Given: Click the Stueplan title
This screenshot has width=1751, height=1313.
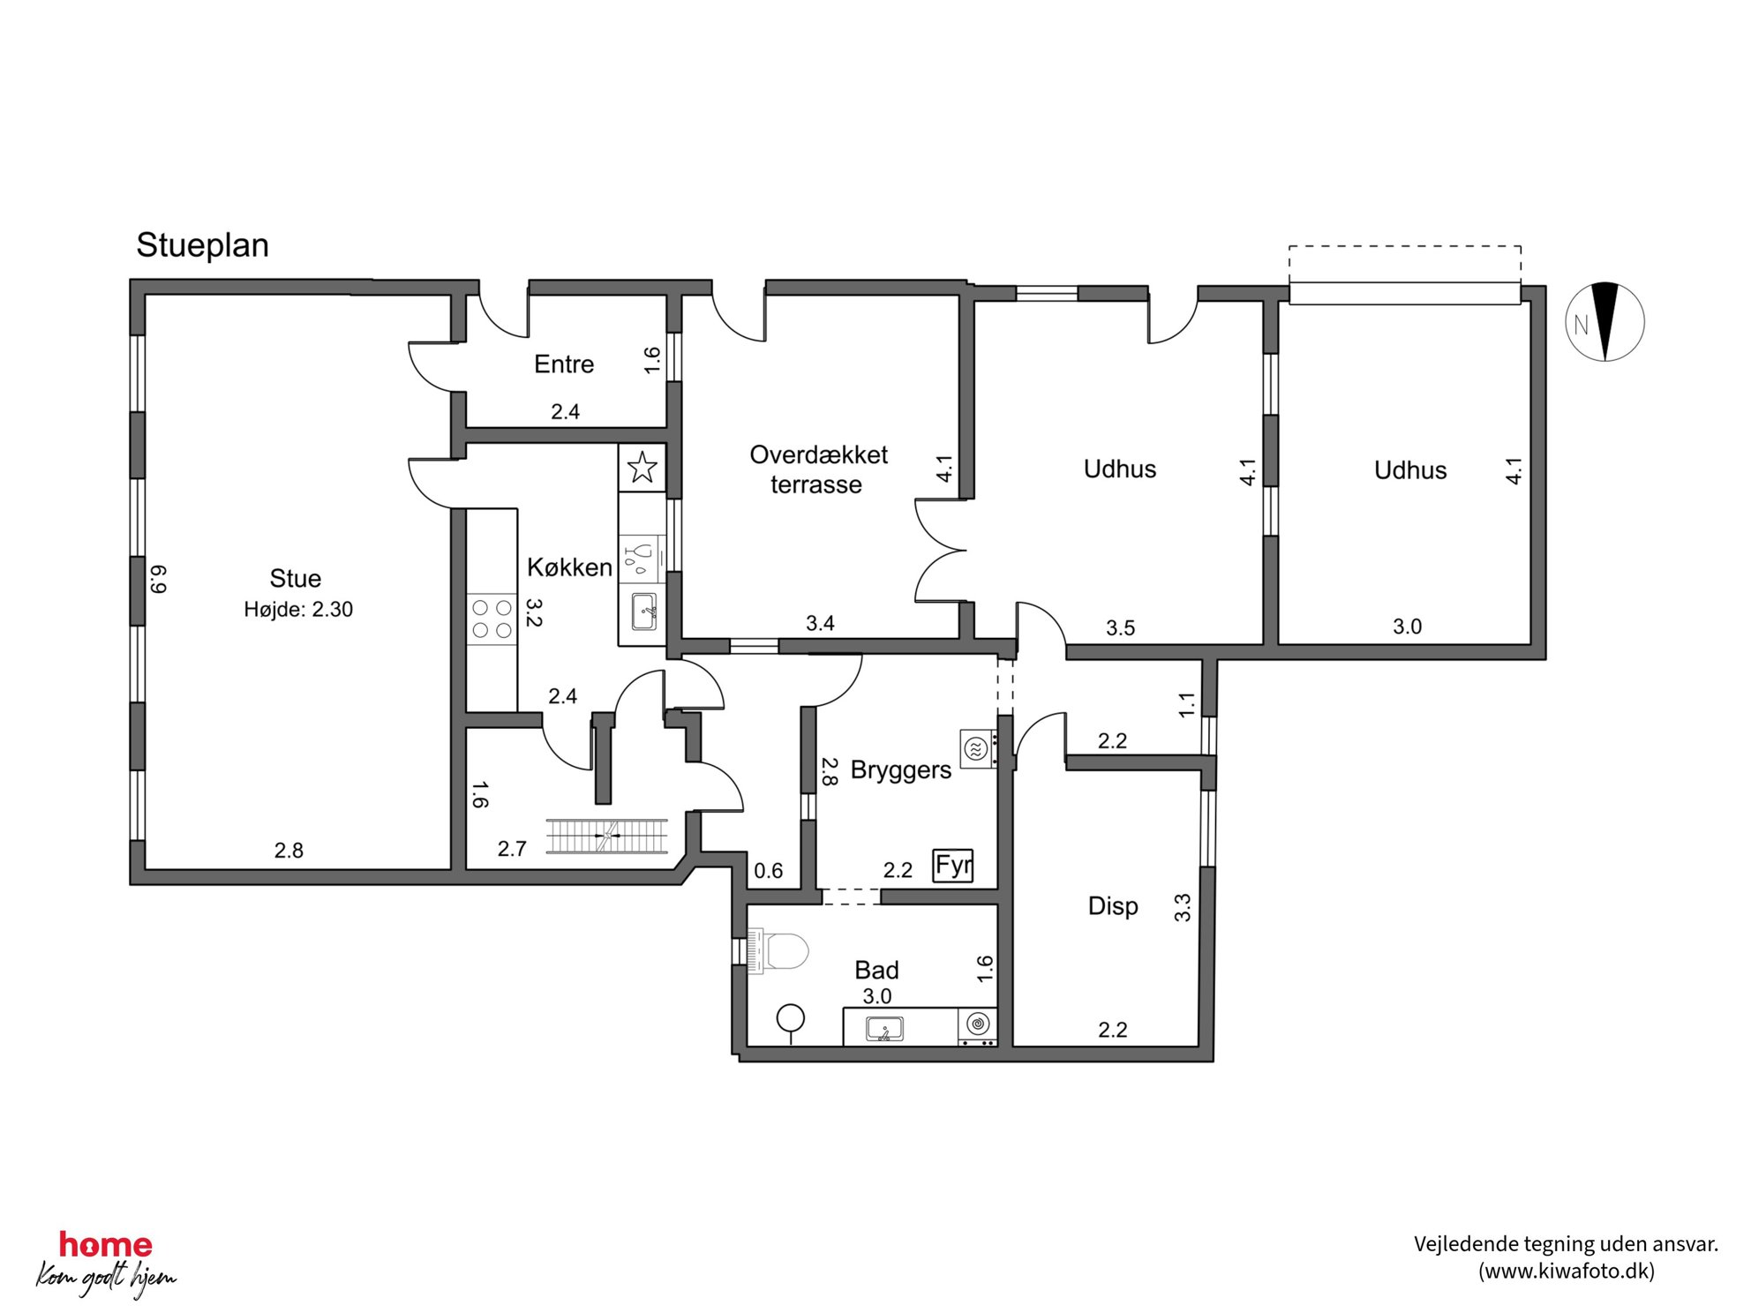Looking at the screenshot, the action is (202, 246).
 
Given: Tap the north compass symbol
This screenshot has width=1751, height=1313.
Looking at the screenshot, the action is (1604, 322).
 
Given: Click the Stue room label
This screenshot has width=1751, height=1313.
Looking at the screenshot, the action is (295, 578).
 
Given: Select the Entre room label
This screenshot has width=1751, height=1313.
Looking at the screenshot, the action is (564, 364).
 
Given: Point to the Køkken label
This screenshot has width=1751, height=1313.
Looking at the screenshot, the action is (569, 566).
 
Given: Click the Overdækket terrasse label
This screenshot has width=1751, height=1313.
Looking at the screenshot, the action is (818, 469).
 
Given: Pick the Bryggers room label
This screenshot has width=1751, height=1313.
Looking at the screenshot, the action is (900, 769).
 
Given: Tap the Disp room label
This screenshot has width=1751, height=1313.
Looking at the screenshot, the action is (1113, 906).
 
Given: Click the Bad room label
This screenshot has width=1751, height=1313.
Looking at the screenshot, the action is (876, 970).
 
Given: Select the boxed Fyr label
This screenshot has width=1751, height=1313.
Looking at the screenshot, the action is (953, 866).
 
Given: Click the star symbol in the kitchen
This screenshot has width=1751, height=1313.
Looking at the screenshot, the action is (642, 468).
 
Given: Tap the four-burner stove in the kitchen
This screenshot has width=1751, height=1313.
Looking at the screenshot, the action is (492, 619).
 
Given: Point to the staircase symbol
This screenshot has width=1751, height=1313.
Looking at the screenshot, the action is (606, 835).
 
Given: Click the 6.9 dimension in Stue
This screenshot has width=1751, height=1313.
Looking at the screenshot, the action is (158, 579).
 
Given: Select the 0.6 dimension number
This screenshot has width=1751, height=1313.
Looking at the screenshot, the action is (768, 871).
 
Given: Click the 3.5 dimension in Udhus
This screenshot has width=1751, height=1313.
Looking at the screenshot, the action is (1120, 628).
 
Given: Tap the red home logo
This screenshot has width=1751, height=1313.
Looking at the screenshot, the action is (106, 1245).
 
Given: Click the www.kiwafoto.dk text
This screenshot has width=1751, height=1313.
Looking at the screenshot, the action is (1566, 1271).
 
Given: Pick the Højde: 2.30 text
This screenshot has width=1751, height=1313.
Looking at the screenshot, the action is (298, 609).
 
